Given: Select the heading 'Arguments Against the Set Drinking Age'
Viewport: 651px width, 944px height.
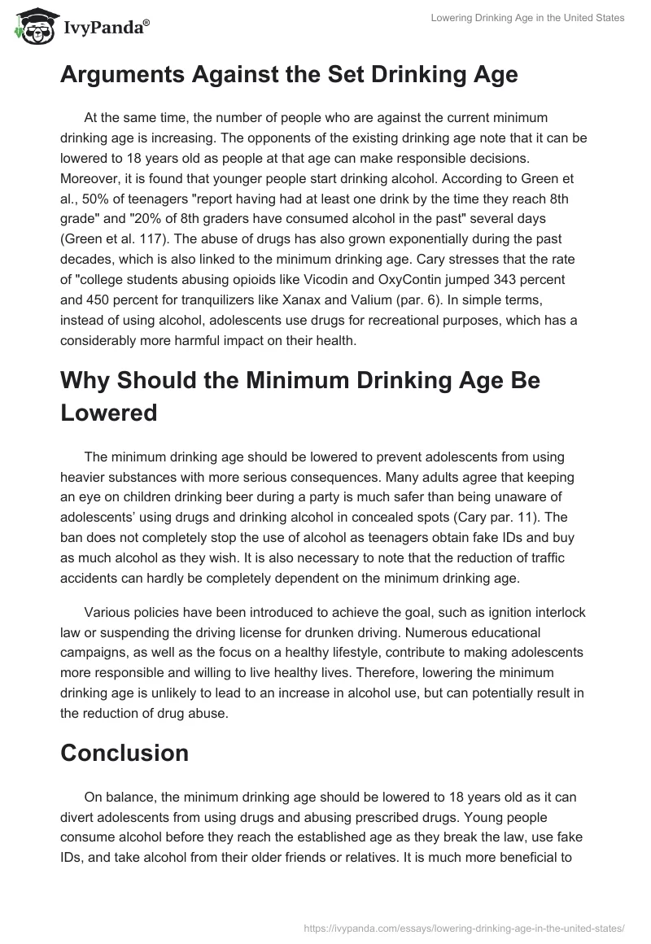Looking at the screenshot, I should pos(289,75).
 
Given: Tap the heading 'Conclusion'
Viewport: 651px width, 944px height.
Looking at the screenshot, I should pos(125,753).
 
